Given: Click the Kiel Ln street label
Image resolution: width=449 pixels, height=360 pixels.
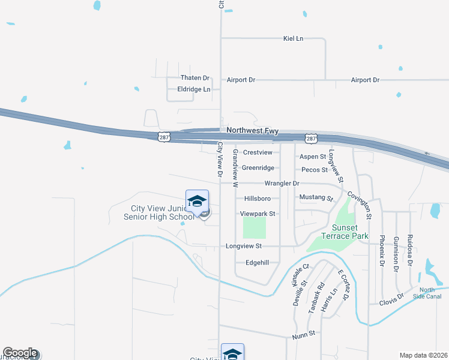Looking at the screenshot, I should (x=293, y=38).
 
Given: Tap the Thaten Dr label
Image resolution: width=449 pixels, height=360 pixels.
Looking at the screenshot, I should (x=195, y=78).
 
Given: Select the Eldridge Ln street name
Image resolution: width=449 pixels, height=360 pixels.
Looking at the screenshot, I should (x=194, y=89).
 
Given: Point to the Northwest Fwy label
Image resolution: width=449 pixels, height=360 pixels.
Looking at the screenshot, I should (x=252, y=130).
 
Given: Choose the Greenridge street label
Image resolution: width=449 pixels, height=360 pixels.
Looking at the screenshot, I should (x=258, y=168).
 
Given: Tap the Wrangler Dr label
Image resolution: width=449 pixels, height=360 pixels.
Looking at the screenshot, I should (x=282, y=183).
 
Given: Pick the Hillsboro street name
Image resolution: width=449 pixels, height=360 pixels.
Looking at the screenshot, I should (x=258, y=199).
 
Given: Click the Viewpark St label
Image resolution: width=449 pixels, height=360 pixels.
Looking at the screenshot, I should (x=258, y=214).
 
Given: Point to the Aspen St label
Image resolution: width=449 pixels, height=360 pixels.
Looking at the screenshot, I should (x=313, y=156).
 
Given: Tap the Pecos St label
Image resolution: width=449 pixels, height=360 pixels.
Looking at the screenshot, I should (x=314, y=170).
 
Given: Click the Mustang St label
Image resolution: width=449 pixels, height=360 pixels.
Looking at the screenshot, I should (x=316, y=197).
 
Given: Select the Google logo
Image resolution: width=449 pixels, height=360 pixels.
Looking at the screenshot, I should (x=20, y=353).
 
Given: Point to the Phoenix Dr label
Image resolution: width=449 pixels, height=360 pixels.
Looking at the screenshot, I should (x=382, y=250).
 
